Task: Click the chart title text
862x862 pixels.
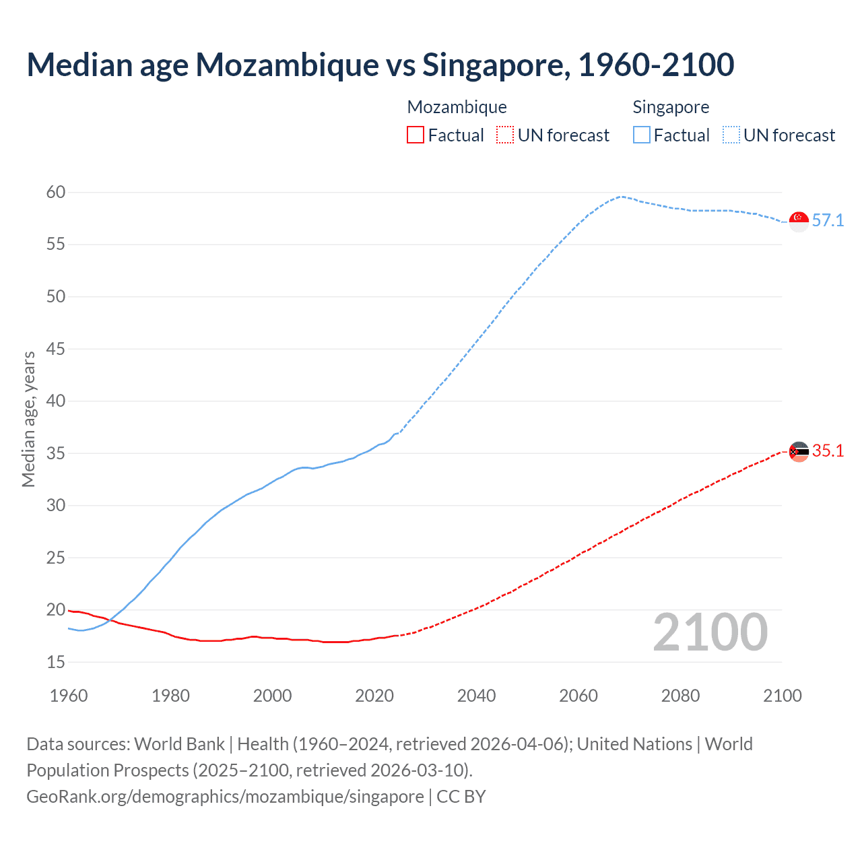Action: [x=380, y=65]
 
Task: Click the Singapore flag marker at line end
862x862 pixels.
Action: [x=799, y=220]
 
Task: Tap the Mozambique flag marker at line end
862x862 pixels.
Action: [x=799, y=451]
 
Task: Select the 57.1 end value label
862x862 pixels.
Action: [x=828, y=220]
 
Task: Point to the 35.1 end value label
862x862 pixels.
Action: [x=828, y=451]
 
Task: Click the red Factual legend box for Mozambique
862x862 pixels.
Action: [x=416, y=135]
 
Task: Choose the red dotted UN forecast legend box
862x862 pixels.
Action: [x=505, y=135]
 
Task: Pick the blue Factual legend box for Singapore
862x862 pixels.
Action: [x=641, y=135]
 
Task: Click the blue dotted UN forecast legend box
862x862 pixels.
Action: [x=731, y=135]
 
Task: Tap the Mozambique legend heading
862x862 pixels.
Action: [x=457, y=107]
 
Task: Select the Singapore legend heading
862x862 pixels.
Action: [x=671, y=107]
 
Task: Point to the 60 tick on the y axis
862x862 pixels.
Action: [x=56, y=193]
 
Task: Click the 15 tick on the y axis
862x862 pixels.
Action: [x=56, y=663]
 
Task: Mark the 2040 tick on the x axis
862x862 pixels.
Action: [x=476, y=696]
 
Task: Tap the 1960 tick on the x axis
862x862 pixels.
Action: [x=69, y=696]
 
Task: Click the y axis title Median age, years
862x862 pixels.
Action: [x=28, y=419]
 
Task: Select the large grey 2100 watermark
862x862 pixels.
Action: [x=710, y=632]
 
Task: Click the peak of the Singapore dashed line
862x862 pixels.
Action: [x=621, y=197]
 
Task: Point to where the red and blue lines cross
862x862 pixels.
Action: [x=112, y=621]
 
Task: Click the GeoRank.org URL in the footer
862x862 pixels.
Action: [x=225, y=797]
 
